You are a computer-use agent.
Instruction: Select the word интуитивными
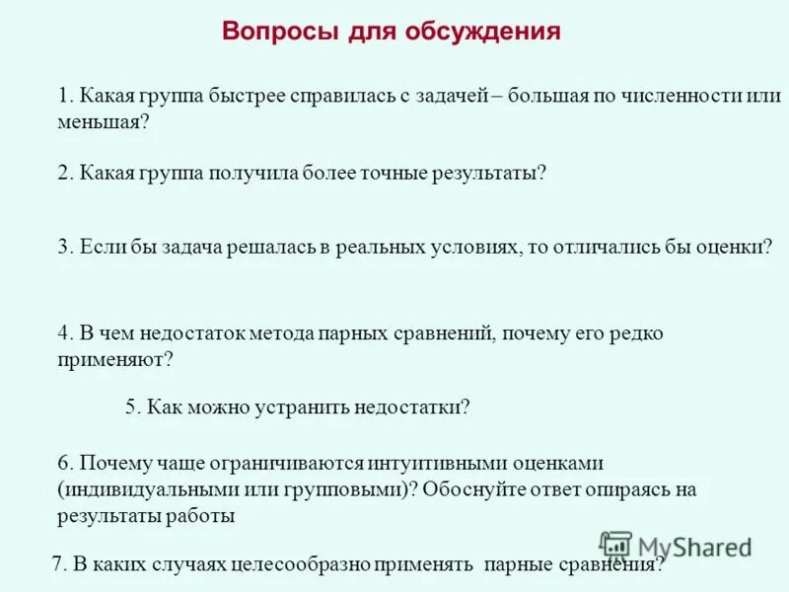point(429,463)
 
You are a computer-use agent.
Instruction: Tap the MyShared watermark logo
point(677,546)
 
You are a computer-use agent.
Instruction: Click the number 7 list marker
point(58,565)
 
